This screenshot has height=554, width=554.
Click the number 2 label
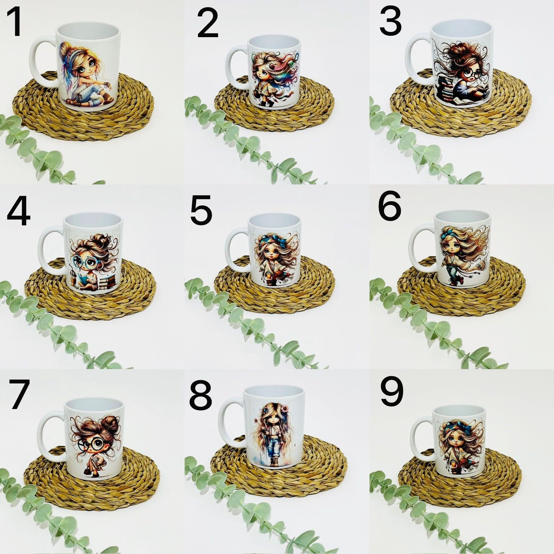pos(208,23)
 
